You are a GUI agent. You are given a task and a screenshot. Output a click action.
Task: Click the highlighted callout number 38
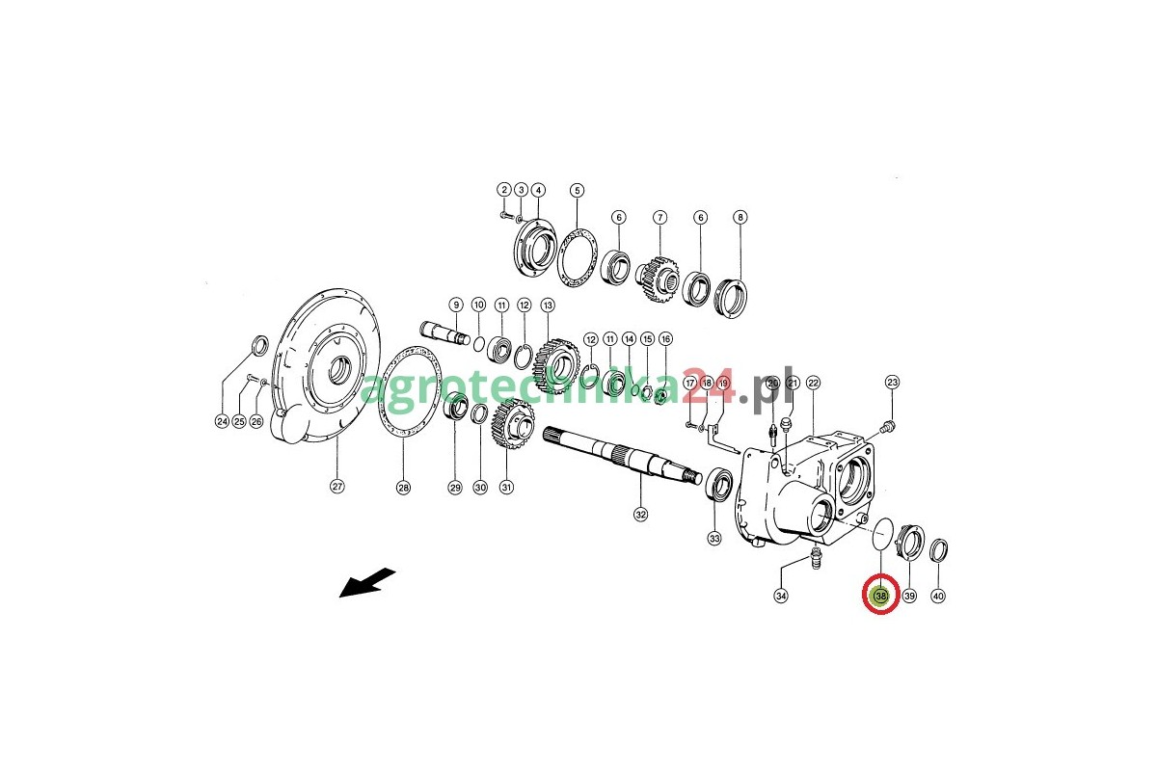click(881, 596)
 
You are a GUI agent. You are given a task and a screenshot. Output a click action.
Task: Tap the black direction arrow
click(367, 583)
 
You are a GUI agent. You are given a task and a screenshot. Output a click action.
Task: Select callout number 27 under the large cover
click(337, 487)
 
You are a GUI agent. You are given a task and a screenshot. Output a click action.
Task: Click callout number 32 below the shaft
click(640, 515)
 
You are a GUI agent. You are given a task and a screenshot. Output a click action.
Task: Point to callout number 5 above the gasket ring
click(577, 191)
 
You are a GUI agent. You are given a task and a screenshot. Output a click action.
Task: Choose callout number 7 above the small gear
click(659, 218)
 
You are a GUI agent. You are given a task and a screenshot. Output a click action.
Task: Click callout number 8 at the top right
click(740, 218)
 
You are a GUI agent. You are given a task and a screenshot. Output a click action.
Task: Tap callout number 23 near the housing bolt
click(893, 383)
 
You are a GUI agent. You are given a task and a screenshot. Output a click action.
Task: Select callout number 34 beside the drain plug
click(781, 596)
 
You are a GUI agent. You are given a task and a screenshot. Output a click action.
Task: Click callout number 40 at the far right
click(938, 596)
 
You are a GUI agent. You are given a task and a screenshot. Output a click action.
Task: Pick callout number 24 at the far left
click(222, 421)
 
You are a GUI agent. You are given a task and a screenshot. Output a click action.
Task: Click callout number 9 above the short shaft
click(456, 305)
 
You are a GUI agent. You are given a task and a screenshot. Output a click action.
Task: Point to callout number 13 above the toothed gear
click(548, 306)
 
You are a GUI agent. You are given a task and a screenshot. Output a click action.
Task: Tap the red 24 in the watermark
click(707, 387)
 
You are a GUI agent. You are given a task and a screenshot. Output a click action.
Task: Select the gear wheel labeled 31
click(512, 424)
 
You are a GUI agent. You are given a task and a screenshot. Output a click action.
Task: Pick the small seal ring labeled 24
click(259, 345)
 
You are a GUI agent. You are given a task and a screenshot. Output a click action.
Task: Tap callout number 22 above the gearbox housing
click(814, 383)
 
